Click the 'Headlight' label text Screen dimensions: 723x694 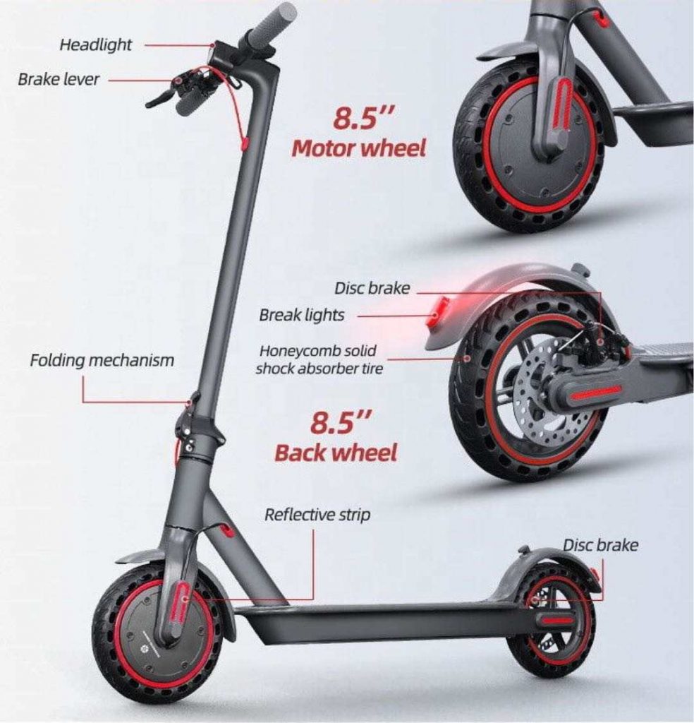coord(95,45)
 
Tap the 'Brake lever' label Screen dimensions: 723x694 coord(59,79)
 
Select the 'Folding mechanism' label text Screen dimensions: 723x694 coord(102,361)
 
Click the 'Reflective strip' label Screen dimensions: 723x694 coord(317,515)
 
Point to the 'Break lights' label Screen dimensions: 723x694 coord(301,315)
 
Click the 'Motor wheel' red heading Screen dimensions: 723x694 coord(358,149)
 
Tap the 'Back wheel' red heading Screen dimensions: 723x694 coord(335,453)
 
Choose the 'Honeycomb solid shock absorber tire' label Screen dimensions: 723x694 coord(317,359)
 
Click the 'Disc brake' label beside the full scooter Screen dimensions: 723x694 coord(599,545)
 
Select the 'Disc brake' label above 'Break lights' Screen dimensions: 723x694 coord(371,288)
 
